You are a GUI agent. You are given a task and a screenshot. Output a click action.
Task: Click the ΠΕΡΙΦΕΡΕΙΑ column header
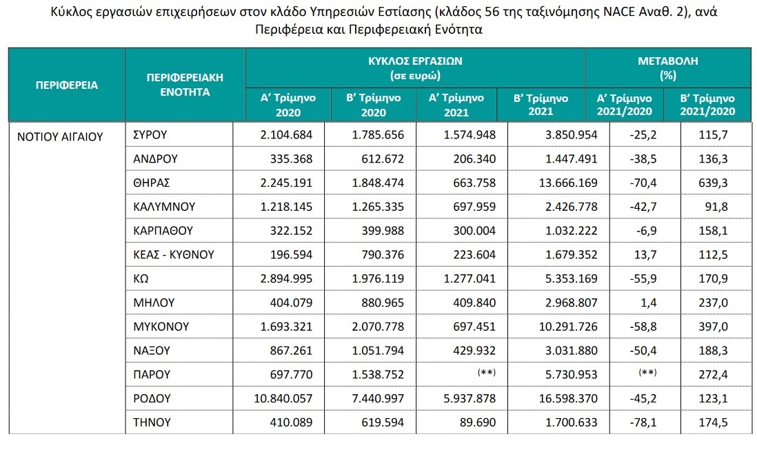(66, 85)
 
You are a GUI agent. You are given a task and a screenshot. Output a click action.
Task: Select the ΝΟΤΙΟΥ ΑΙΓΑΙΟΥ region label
(59, 136)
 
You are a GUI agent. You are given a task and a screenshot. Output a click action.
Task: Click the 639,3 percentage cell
(714, 183)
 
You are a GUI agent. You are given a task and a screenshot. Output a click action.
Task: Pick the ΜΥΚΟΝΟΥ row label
(161, 326)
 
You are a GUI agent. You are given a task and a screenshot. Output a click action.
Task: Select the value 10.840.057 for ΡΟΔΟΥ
(284, 398)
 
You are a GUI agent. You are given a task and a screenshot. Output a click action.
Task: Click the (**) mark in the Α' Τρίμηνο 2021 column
(485, 373)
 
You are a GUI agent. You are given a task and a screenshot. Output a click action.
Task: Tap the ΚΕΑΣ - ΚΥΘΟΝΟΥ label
(173, 255)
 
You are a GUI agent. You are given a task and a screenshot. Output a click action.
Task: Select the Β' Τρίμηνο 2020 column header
(374, 105)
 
